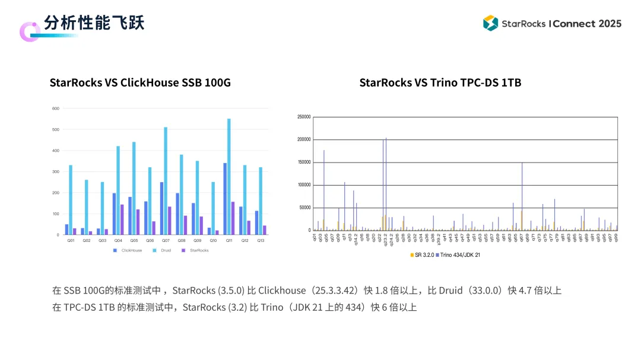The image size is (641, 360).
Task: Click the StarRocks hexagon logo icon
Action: (x=490, y=23)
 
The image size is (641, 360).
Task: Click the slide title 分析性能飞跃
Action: (x=94, y=23)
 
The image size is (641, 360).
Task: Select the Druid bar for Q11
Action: (x=229, y=177)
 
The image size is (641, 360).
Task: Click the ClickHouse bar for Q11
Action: (x=225, y=199)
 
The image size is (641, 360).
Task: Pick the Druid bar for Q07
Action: (x=166, y=181)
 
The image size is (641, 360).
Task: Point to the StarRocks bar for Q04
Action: (x=122, y=219)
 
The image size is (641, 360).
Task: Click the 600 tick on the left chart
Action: (x=56, y=109)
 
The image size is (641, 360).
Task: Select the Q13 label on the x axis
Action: (x=261, y=240)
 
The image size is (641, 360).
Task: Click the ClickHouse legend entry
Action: (x=131, y=250)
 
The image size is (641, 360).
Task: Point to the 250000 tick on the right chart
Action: (x=303, y=117)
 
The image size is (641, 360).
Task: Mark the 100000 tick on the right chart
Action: (x=303, y=185)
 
